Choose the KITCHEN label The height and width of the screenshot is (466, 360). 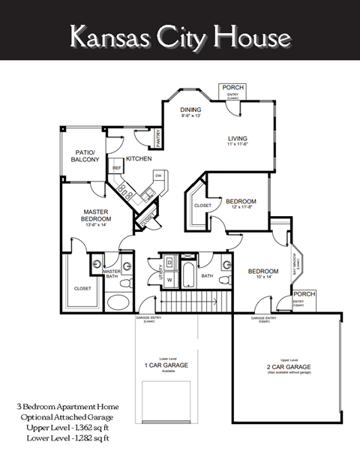click(139, 158)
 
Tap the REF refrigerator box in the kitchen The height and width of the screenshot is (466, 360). click(117, 169)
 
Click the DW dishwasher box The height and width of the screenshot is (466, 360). click(158, 176)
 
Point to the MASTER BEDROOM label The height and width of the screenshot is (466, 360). click(97, 215)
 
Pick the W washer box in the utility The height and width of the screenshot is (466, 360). click(169, 282)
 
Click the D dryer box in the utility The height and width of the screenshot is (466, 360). click(169, 263)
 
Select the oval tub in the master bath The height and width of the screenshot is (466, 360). click(118, 303)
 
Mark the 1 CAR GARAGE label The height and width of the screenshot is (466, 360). click(166, 365)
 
